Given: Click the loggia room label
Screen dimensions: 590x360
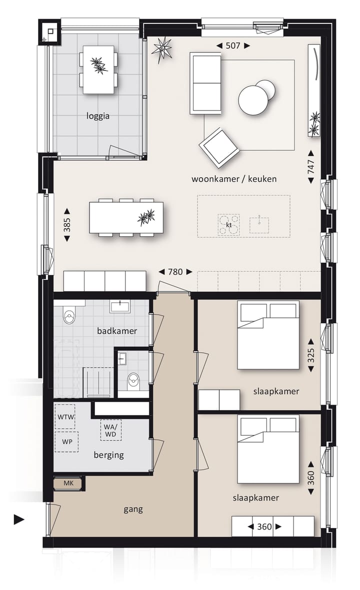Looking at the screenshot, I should tap(97, 116).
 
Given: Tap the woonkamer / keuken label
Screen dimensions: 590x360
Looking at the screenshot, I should tap(233, 179).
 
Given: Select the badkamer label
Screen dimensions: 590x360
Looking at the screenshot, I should tap(117, 331).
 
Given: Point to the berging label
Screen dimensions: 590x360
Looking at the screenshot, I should tap(108, 455).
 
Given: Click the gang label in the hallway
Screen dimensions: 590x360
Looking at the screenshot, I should tap(133, 509).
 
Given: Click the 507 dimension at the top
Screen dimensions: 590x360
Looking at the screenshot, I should tap(233, 45).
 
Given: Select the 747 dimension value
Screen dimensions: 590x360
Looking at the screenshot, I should tap(310, 165).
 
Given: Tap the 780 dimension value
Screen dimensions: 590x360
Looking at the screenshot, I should tap(175, 272).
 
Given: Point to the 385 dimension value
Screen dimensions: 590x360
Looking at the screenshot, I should tap(67, 226).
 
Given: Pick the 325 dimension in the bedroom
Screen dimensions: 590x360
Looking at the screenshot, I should tap(310, 355).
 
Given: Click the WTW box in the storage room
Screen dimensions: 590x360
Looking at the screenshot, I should tap(66, 417).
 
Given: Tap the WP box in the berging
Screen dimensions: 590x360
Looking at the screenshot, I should tap(66, 442).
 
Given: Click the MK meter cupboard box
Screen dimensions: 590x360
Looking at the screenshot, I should tap(68, 483).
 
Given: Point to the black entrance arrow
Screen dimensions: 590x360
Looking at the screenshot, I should tap(19, 520).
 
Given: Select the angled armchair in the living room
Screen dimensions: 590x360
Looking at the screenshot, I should tap(218, 146).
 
